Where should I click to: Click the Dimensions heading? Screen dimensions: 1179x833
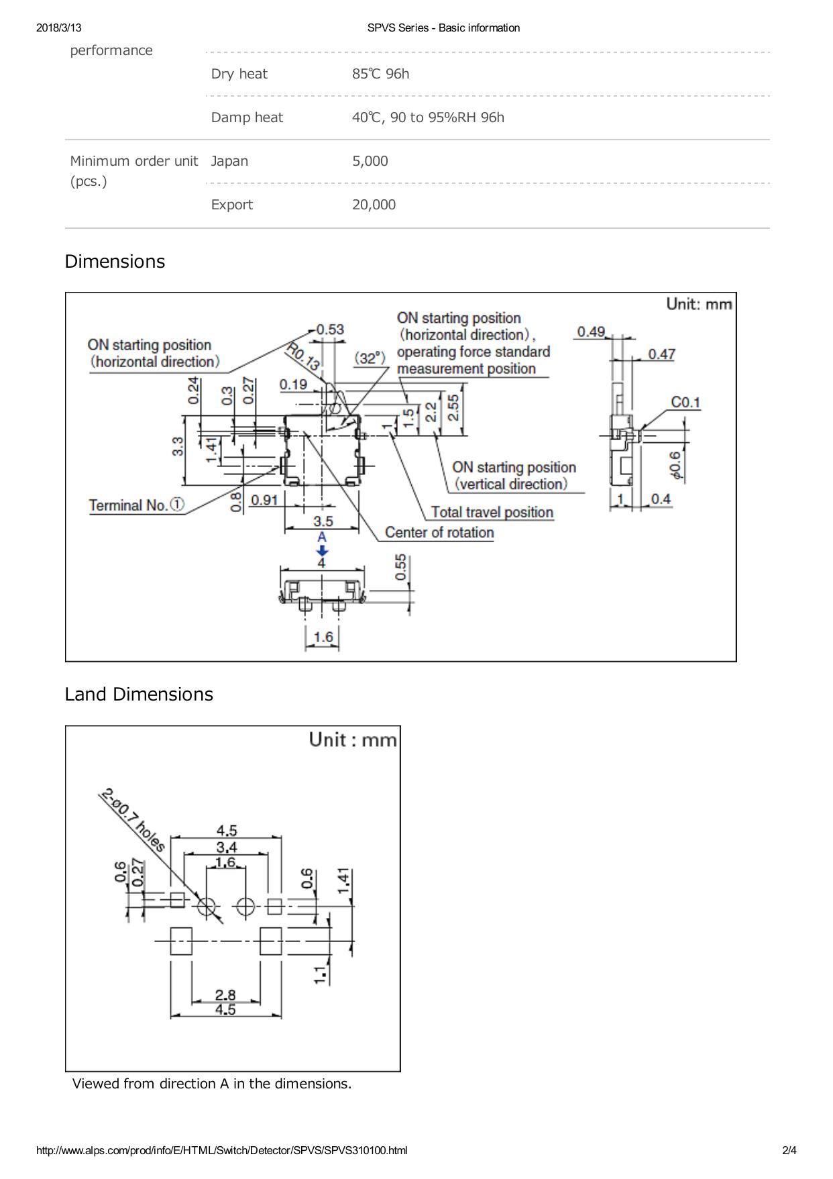tap(115, 262)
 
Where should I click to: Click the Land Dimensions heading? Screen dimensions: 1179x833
tap(139, 695)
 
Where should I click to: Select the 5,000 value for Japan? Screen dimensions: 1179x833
tap(370, 161)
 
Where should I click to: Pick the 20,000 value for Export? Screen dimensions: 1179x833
tap(374, 205)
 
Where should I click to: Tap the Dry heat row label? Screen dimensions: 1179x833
tap(239, 74)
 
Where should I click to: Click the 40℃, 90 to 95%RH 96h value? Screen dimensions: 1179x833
tap(428, 117)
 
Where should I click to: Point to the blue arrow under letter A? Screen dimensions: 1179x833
tap(322, 550)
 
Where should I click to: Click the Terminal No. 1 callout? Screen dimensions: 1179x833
tap(137, 505)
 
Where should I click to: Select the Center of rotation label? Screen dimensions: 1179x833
tap(439, 533)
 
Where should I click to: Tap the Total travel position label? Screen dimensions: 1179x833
tap(492, 513)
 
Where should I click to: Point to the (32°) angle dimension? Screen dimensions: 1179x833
tap(371, 358)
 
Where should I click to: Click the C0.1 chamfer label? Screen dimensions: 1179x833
tap(685, 403)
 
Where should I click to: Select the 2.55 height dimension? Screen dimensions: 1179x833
tap(453, 408)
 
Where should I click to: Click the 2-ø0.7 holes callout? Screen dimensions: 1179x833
tap(132, 821)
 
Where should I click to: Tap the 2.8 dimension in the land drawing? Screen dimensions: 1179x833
tap(225, 995)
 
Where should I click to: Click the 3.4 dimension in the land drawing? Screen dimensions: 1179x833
tap(227, 848)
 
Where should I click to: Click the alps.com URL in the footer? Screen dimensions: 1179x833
tap(221, 1151)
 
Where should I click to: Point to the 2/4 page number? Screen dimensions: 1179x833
tap(789, 1151)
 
